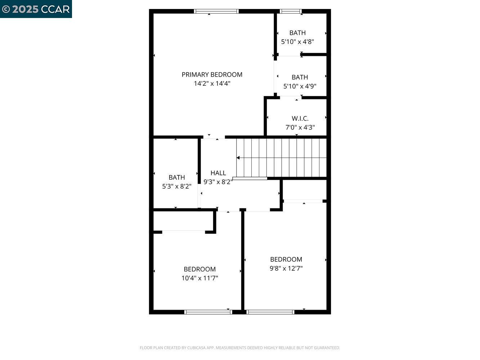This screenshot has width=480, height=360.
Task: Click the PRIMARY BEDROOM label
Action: [212, 75]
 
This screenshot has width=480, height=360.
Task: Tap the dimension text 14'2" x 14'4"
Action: [212, 84]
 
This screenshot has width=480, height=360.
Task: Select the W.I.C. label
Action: [300, 118]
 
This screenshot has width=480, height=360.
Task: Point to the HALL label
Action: [218, 173]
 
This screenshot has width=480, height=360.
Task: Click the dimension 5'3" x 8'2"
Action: [176, 186]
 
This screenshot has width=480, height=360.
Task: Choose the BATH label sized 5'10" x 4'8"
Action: [297, 33]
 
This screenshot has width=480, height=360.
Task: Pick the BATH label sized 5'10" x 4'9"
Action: [300, 77]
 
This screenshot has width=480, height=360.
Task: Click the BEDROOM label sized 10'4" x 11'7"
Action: [199, 269]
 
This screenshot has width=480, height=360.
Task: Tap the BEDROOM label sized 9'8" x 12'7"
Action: [286, 259]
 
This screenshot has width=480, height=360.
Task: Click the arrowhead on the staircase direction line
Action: [238, 158]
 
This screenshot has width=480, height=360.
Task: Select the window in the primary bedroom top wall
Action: [216, 11]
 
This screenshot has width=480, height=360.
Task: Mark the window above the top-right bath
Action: [291, 11]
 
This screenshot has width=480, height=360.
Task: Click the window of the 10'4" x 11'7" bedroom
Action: [208, 312]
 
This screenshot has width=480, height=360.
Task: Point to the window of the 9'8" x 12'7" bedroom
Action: [270, 312]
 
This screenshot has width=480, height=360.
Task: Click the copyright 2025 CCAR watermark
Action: [36, 9]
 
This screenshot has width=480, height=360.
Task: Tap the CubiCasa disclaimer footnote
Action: [240, 348]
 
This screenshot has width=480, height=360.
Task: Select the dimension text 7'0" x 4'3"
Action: [300, 127]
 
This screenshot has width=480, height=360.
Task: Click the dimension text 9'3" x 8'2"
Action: [217, 182]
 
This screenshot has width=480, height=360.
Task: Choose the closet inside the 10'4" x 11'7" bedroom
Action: [183, 221]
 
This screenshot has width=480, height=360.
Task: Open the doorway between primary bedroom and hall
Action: [214, 137]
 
